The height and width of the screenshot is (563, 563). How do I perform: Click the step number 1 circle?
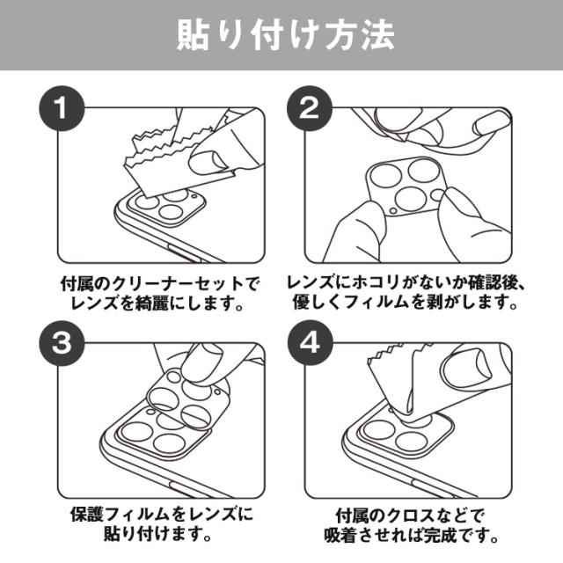62,108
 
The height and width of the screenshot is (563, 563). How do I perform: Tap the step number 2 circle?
309,108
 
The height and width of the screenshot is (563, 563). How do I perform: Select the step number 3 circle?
62,343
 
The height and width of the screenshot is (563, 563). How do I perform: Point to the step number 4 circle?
309,343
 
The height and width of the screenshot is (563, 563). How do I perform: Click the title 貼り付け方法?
286,35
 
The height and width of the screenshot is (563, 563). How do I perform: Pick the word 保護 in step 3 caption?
86,515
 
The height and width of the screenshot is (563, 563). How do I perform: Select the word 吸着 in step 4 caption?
340,536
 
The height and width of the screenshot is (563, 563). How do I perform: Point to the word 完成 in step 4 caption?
440,536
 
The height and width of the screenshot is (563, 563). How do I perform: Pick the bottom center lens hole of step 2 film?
410,201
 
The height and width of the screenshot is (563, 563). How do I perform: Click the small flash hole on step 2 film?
393,211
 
